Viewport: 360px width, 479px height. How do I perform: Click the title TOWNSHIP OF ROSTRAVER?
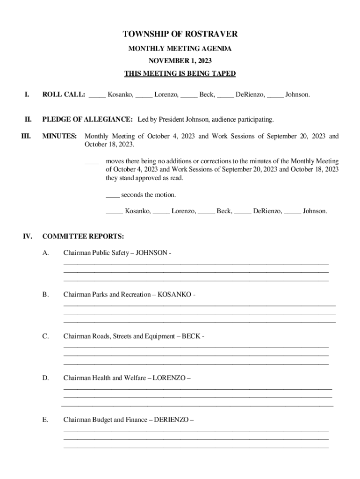(x=180, y=34)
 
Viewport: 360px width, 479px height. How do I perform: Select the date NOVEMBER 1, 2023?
(x=180, y=61)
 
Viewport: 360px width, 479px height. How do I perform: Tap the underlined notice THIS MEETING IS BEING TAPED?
(x=180, y=73)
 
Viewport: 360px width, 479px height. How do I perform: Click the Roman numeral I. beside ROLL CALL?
(x=27, y=94)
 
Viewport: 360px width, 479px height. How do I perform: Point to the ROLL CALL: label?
(x=64, y=94)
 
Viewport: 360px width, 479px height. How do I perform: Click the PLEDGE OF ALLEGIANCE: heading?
(x=87, y=120)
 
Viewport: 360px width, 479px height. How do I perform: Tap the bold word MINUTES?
(x=59, y=137)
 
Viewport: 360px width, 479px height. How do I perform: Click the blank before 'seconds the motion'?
(x=112, y=195)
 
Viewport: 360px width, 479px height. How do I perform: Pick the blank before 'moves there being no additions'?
(x=92, y=161)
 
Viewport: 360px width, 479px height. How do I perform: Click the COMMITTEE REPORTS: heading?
(x=83, y=236)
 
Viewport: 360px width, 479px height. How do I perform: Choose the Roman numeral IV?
(x=27, y=236)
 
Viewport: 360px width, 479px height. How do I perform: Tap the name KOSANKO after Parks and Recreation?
(x=174, y=295)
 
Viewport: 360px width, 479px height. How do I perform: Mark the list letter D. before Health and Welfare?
(x=45, y=378)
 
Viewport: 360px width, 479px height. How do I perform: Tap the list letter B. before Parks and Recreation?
(x=45, y=295)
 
